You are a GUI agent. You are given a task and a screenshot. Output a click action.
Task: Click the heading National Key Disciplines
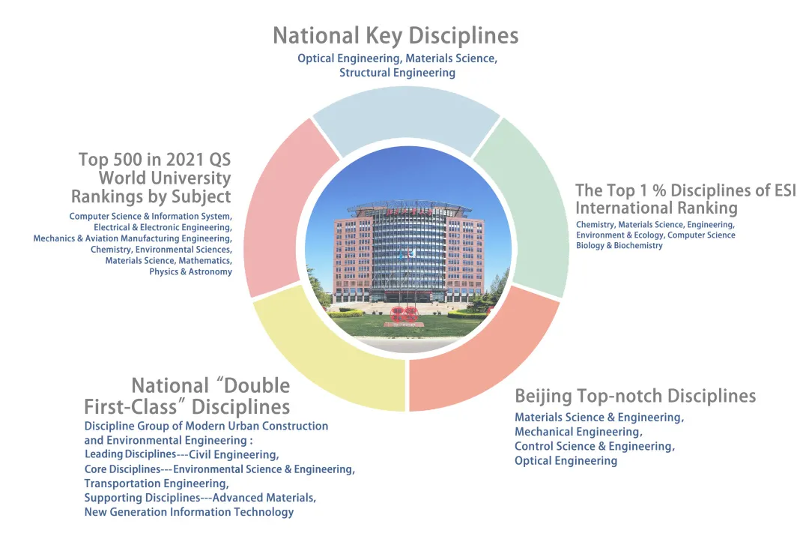click(x=396, y=36)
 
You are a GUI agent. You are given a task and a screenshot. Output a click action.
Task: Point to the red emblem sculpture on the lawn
click(x=404, y=314)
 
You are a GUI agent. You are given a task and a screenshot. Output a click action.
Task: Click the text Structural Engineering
click(x=397, y=73)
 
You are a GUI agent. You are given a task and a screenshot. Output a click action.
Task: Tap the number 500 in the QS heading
click(x=125, y=160)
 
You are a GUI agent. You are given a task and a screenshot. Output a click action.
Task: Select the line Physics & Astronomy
click(x=190, y=271)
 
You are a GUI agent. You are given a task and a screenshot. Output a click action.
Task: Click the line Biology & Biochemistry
click(x=619, y=245)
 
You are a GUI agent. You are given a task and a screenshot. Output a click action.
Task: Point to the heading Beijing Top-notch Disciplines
click(x=635, y=396)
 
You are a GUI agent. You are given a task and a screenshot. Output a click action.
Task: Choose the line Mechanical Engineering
click(x=578, y=432)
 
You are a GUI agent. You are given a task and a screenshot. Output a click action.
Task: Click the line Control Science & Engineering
click(x=594, y=446)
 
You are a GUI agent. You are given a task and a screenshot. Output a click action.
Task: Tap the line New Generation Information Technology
click(x=189, y=512)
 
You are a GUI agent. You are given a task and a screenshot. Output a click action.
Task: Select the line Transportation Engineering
click(x=157, y=484)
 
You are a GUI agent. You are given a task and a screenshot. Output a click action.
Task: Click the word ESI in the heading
click(x=785, y=190)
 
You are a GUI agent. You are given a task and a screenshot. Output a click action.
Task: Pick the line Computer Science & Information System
click(x=151, y=217)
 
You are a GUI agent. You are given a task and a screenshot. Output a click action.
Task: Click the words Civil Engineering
click(x=234, y=455)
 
